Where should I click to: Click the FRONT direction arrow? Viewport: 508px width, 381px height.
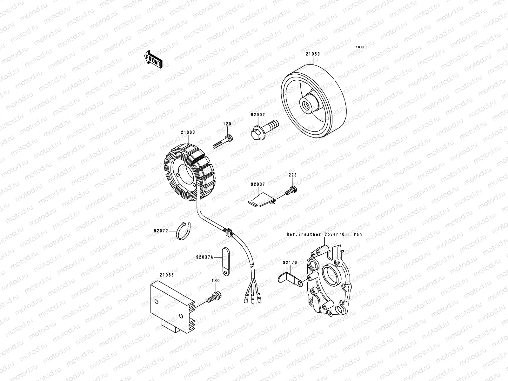click(153, 59)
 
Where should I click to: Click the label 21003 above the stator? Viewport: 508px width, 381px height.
click(188, 133)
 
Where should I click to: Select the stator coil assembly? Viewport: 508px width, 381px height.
click(187, 173)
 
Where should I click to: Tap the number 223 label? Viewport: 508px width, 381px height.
click(292, 175)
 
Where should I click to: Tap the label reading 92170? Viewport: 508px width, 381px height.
click(290, 263)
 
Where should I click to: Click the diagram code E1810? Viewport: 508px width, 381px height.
click(359, 47)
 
